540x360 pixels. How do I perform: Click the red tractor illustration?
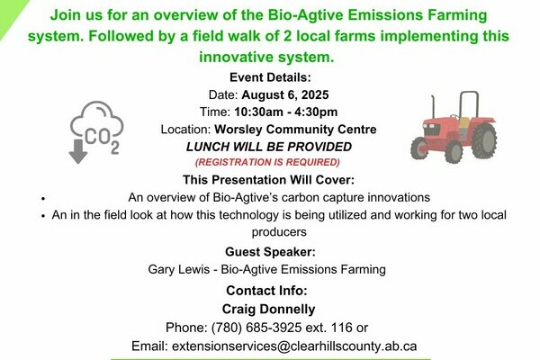tap(454, 127)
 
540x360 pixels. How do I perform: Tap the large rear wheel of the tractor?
tap(484, 140)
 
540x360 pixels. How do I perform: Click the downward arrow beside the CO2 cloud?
tap(78, 151)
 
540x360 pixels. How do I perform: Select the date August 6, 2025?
tap(285, 94)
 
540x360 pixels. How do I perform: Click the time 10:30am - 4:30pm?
tap(286, 112)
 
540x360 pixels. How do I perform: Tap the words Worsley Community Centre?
tap(295, 130)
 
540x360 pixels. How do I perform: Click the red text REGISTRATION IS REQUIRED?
tap(267, 162)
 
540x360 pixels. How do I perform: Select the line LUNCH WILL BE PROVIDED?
tap(269, 147)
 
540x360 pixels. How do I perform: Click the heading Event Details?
tap(270, 77)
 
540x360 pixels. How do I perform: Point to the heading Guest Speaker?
tap(270, 252)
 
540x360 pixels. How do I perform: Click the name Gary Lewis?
tap(179, 269)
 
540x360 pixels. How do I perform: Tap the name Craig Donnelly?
tap(268, 309)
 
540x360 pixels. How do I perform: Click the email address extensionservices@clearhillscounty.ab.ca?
tap(294, 346)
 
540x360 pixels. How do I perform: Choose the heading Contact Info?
tap(267, 291)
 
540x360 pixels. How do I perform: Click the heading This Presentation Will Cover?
tap(268, 180)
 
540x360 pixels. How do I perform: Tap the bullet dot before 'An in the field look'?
tap(43, 216)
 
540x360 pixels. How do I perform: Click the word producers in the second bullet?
tap(279, 232)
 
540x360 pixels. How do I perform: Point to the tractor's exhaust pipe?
tap(434, 107)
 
